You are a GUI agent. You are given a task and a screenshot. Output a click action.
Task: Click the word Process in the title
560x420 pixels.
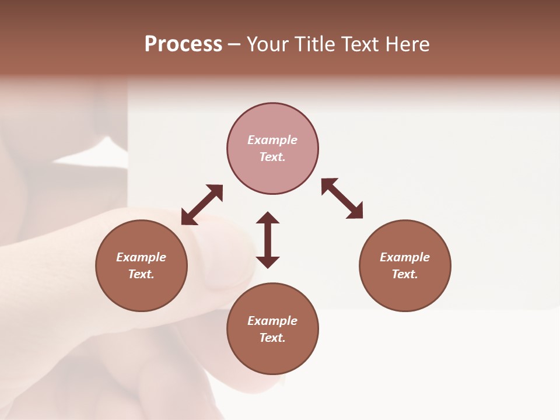pyautogui.click(x=183, y=44)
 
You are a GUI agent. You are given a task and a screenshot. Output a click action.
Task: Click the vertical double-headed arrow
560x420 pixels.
pyautogui.click(x=268, y=240)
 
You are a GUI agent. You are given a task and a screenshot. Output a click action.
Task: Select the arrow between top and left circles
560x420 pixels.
pyautogui.click(x=202, y=205)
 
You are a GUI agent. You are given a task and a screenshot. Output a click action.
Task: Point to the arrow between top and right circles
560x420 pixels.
pyautogui.click(x=342, y=198)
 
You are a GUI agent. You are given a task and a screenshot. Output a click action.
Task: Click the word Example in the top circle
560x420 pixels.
pyautogui.click(x=272, y=140)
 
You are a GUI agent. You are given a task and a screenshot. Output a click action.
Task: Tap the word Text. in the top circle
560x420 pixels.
pyautogui.click(x=272, y=157)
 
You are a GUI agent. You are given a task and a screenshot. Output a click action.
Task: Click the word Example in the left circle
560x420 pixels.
pyautogui.click(x=141, y=257)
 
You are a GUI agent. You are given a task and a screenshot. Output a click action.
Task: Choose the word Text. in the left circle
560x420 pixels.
pyautogui.click(x=141, y=274)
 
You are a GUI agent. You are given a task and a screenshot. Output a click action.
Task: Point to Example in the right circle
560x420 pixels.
pyautogui.click(x=405, y=257)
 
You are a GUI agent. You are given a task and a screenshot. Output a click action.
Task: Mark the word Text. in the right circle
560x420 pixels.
pyautogui.click(x=405, y=274)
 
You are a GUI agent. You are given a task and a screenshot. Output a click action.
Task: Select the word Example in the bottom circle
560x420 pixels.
pyautogui.click(x=272, y=321)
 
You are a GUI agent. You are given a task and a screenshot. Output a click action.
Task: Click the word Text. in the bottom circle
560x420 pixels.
pyautogui.click(x=272, y=338)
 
